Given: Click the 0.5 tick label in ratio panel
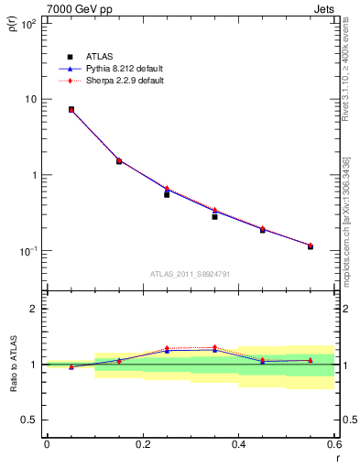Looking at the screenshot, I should click(28, 420).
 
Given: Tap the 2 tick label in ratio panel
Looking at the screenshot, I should click(33, 309).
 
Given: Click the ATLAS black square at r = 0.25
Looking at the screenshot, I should click(167, 194).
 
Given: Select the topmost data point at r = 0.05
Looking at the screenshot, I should click(71, 109).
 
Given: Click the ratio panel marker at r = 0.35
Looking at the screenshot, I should click(214, 348).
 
